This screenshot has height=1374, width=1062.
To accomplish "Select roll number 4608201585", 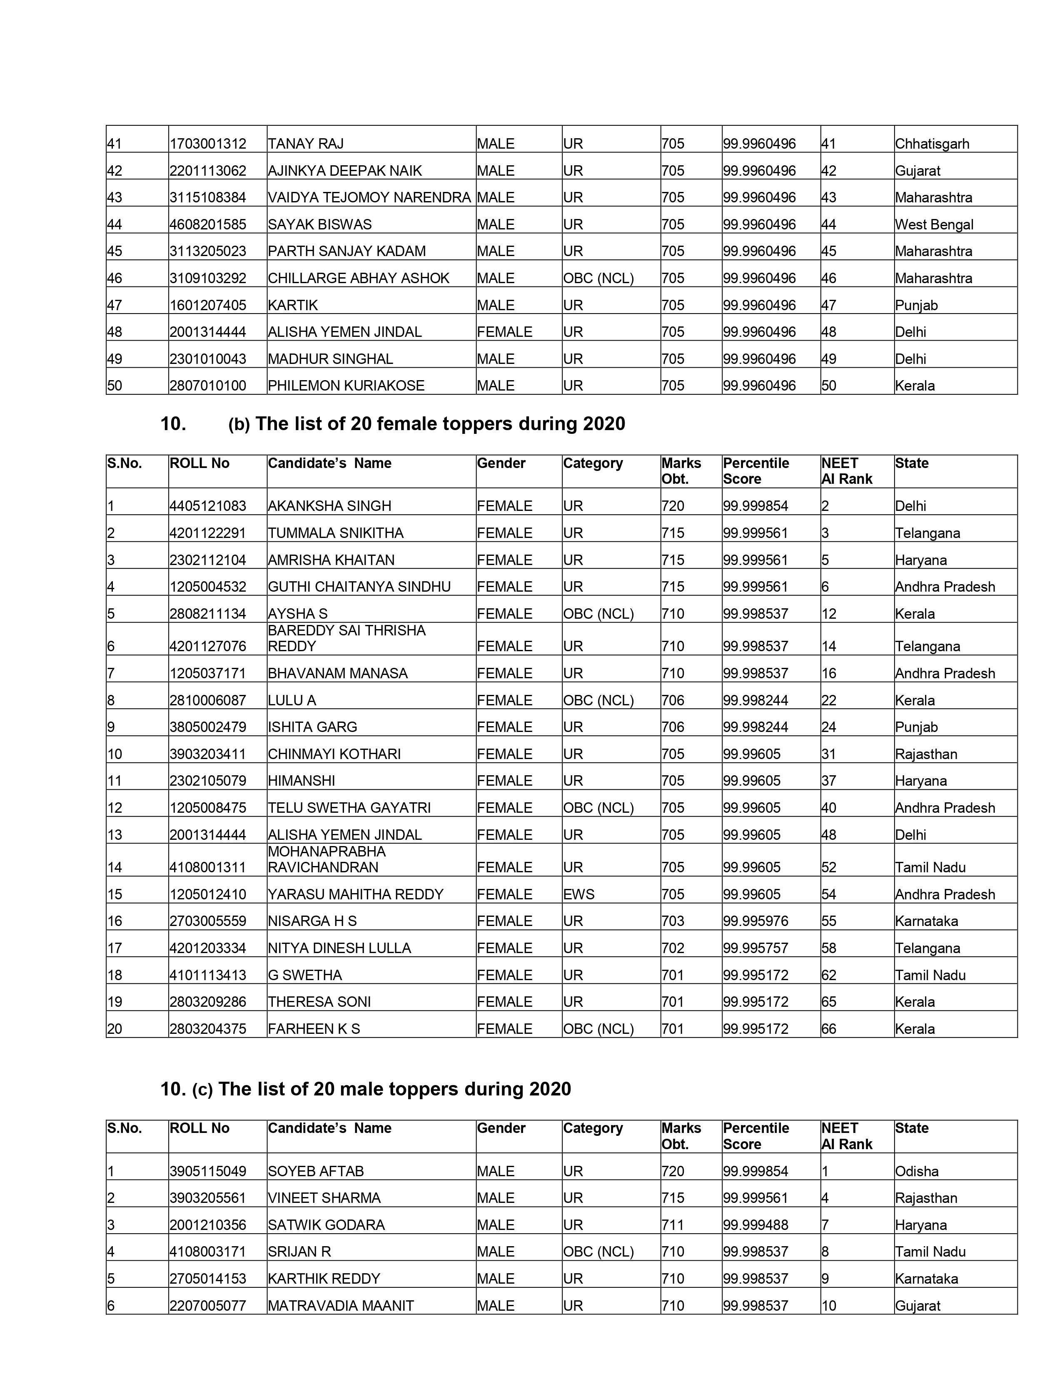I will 208,224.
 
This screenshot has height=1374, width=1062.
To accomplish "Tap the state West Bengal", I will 934,224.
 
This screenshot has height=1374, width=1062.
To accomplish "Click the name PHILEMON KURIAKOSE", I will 346,386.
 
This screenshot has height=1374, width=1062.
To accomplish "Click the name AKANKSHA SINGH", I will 329,506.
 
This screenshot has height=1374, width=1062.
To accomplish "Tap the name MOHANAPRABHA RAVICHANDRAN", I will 327,859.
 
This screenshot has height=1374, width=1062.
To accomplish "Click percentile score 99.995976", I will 755,921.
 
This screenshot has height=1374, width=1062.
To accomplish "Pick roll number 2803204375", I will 208,1028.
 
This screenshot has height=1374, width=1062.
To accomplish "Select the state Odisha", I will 916,1171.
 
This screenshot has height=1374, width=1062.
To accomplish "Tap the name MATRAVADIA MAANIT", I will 340,1305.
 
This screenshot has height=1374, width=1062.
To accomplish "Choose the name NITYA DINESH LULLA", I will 339,948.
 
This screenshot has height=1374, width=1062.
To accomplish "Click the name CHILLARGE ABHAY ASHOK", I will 359,278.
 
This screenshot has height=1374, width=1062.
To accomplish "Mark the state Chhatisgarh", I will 932,144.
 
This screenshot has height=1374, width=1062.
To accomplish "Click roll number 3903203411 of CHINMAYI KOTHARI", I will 208,754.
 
